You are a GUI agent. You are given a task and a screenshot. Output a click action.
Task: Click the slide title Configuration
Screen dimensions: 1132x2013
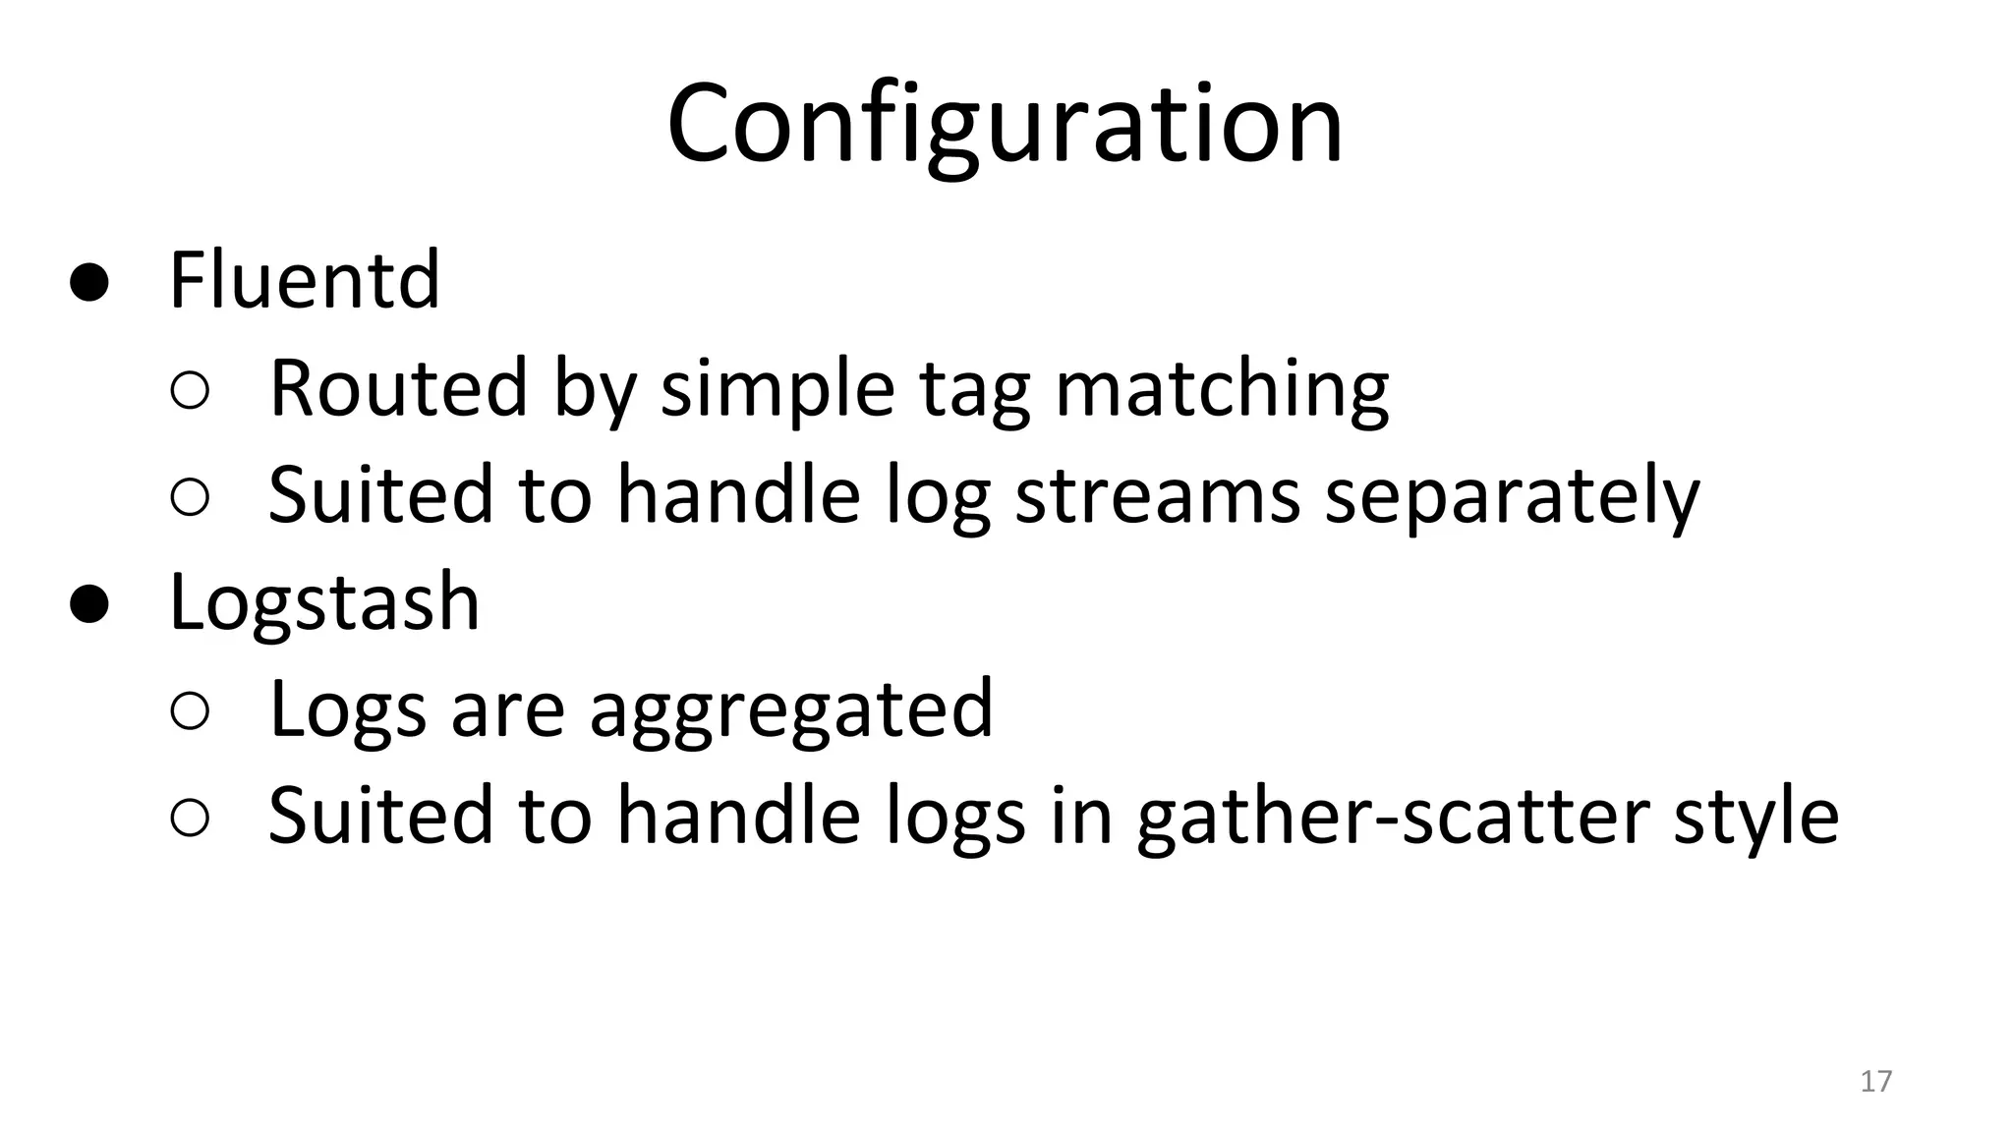[x=1005, y=126]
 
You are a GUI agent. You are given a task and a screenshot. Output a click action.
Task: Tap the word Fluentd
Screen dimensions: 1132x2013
[x=305, y=281]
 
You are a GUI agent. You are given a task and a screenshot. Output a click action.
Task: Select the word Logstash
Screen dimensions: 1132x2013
[x=324, y=601]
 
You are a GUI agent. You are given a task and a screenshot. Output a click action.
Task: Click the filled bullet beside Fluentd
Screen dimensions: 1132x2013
[x=88, y=283]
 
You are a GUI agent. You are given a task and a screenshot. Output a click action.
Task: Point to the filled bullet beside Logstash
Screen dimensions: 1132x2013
[x=88, y=604]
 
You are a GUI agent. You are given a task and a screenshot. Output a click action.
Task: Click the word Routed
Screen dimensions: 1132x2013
[x=398, y=387]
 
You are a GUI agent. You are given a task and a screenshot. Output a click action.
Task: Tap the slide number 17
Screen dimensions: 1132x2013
[x=1875, y=1081]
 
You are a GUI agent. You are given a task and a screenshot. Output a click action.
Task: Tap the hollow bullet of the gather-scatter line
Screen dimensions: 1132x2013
[x=190, y=818]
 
